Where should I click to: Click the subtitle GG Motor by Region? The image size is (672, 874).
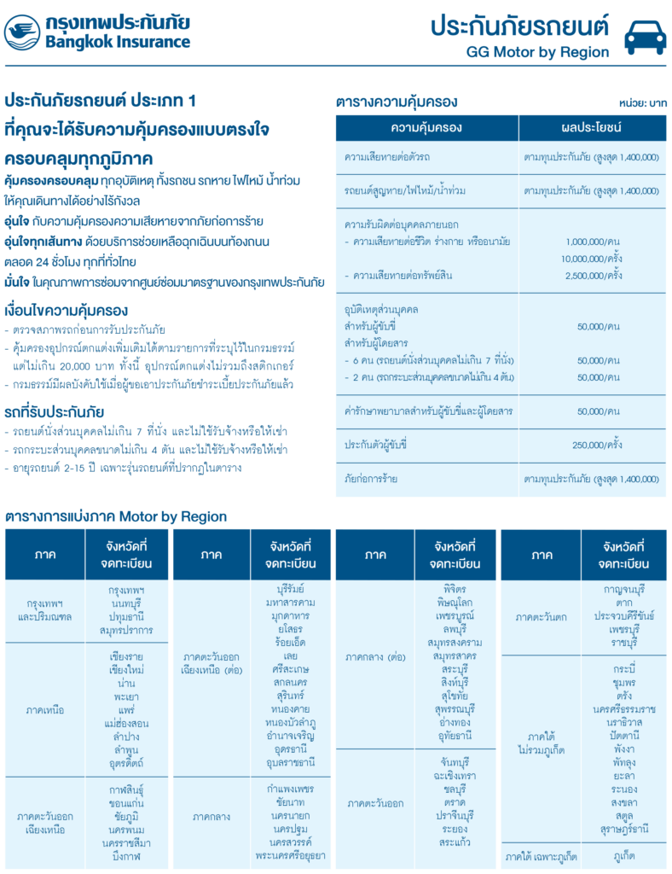pyautogui.click(x=537, y=52)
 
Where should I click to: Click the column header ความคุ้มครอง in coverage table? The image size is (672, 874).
pyautogui.click(x=426, y=127)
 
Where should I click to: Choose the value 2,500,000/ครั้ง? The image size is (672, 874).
pyautogui.click(x=594, y=276)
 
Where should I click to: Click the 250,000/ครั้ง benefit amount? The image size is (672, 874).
pyautogui.click(x=597, y=445)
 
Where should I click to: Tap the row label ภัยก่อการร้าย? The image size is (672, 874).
pyautogui.click(x=371, y=478)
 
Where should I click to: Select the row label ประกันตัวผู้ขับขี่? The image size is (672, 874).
pyautogui.click(x=376, y=445)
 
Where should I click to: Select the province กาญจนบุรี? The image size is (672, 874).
pyautogui.click(x=623, y=589)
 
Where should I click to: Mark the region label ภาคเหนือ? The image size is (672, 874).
pyautogui.click(x=44, y=710)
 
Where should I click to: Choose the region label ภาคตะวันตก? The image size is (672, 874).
pyautogui.click(x=542, y=615)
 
